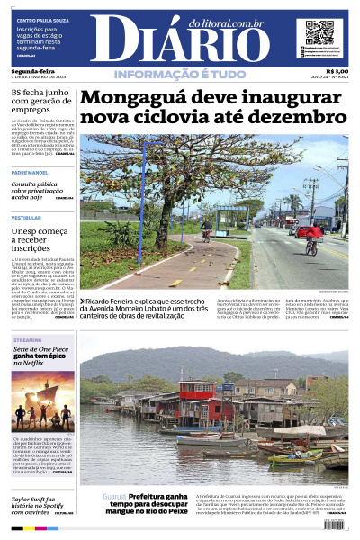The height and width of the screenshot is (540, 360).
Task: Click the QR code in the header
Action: click(319, 32)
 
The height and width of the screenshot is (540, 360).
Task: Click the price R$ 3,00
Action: click(337, 70)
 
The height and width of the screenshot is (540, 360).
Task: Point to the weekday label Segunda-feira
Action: click(31, 70)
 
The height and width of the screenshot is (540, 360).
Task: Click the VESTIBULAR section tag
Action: click(26, 218)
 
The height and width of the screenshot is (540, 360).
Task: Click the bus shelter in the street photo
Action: click(232, 219)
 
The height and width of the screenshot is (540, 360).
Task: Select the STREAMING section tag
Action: click(27, 339)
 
